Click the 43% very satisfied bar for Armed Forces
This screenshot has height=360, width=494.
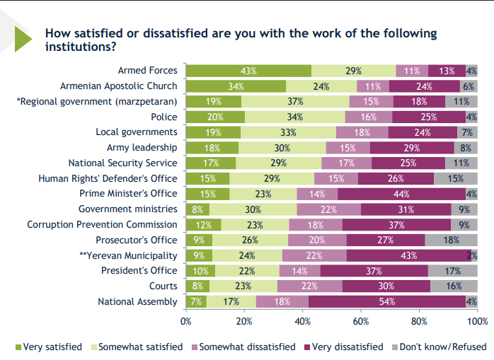point(248,71)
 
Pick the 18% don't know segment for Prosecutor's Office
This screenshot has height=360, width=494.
point(451,240)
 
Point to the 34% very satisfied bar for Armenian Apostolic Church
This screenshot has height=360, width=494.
point(236,86)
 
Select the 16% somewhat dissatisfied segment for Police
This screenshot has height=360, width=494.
point(369,117)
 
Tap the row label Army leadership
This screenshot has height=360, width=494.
point(142,148)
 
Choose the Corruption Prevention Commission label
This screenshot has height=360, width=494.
point(102,225)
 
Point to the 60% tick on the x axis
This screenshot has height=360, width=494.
point(361,322)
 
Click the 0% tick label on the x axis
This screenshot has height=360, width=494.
point(186,322)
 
